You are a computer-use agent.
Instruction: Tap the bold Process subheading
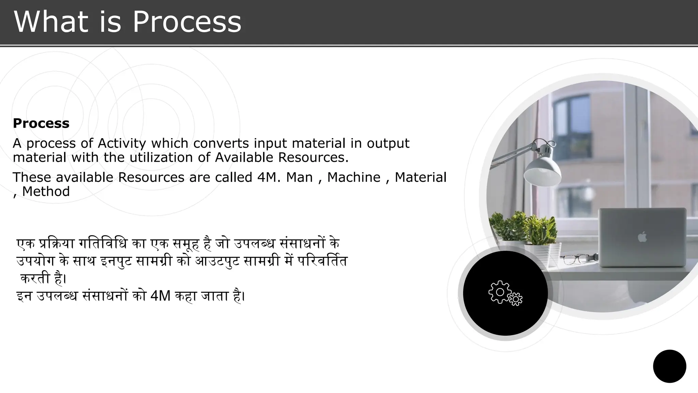tap(41, 123)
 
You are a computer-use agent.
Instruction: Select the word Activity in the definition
tap(122, 143)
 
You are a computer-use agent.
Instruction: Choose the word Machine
tap(353, 177)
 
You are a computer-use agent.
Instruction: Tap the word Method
tap(46, 192)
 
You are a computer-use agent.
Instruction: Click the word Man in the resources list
tap(299, 177)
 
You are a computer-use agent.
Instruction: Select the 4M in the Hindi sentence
tap(160, 296)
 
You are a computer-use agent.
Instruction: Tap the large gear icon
tap(500, 292)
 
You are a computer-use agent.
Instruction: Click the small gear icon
tap(516, 299)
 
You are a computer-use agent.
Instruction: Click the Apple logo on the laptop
tap(642, 236)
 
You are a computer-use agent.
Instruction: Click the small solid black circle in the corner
tap(669, 366)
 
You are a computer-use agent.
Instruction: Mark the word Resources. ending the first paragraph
tap(313, 158)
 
